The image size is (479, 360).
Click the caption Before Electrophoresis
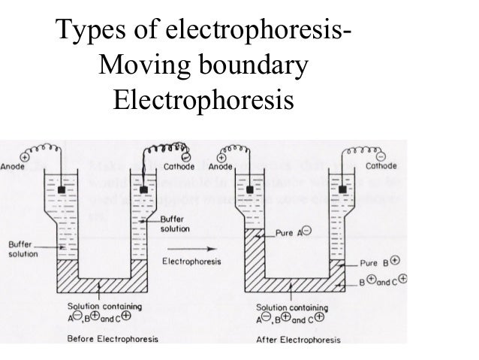tap(113, 338)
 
